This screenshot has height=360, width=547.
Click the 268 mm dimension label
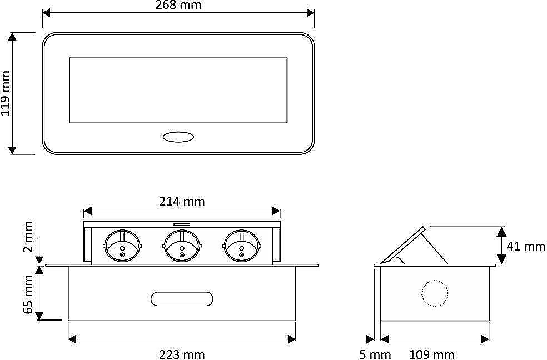click(x=178, y=5)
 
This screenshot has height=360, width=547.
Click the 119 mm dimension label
click(x=6, y=93)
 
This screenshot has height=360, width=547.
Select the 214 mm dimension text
click(x=182, y=201)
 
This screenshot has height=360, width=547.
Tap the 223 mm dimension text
click(x=182, y=355)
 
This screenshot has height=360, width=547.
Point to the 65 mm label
click(x=28, y=294)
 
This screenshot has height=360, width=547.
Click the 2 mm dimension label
click(x=28, y=236)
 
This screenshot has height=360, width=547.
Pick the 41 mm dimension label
click(x=526, y=247)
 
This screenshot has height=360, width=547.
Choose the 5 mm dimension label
click(x=375, y=355)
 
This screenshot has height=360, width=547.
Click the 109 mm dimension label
click(x=431, y=355)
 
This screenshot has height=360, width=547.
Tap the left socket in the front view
click(x=122, y=246)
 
